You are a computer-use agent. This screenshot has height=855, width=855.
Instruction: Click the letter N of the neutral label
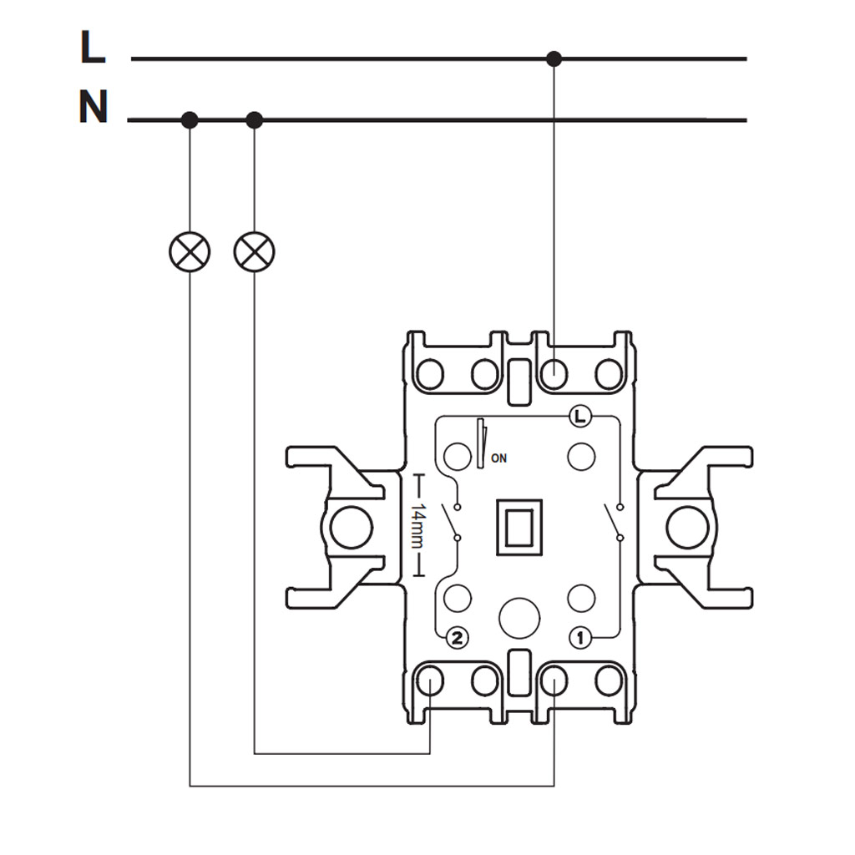tap(94, 108)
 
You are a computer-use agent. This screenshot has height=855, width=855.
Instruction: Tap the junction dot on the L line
tap(554, 58)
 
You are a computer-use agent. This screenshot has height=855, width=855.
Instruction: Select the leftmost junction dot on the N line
tap(190, 120)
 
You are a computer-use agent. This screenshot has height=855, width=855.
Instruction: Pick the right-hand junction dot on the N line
tap(255, 120)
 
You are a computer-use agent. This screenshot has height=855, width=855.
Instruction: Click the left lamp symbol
tap(190, 251)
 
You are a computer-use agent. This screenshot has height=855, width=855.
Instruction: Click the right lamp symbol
tap(255, 251)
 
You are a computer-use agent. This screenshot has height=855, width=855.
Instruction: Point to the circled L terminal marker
tap(581, 415)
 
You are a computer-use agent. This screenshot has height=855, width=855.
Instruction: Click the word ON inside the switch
tap(498, 458)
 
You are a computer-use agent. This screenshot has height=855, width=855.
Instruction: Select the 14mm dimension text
tap(418, 526)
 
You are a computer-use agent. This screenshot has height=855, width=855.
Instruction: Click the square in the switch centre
tap(519, 527)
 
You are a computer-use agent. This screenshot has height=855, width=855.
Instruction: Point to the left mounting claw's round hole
tap(352, 528)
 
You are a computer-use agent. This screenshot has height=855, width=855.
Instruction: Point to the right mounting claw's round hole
tap(687, 528)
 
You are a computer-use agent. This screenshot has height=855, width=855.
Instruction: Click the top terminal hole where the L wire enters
tap(554, 375)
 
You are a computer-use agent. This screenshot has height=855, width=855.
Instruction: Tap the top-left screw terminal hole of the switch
tap(430, 375)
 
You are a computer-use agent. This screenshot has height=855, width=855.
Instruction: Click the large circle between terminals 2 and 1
tap(519, 618)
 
